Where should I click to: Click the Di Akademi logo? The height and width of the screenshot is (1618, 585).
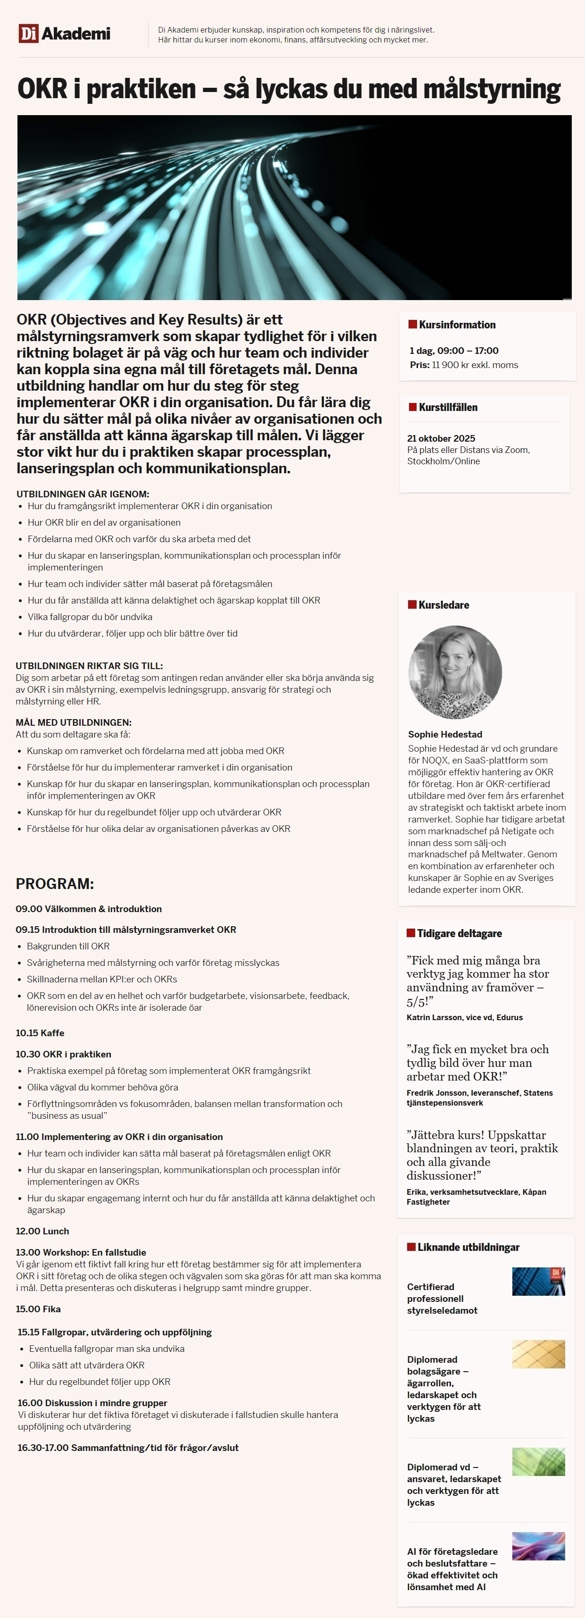pyautogui.click(x=65, y=34)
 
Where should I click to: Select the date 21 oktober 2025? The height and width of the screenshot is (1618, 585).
pyautogui.click(x=441, y=438)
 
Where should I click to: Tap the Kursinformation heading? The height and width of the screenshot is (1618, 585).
pyautogui.click(x=457, y=325)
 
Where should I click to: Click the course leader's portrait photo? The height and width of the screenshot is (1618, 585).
pyautogui.click(x=455, y=672)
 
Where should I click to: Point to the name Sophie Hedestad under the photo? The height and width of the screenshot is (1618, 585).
pyautogui.click(x=445, y=734)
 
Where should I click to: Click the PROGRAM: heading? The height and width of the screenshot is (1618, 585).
pyautogui.click(x=55, y=884)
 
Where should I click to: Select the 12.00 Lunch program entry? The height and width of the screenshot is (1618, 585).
pyautogui.click(x=42, y=1231)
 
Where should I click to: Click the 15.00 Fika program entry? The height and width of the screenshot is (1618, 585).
pyautogui.click(x=38, y=1309)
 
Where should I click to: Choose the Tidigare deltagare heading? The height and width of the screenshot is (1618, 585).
pyautogui.click(x=460, y=933)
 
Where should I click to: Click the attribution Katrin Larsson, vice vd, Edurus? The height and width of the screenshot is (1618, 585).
pyautogui.click(x=465, y=1017)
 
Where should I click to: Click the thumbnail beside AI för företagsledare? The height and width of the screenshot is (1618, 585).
pyautogui.click(x=539, y=1546)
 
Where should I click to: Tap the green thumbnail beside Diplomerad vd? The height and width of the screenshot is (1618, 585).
pyautogui.click(x=539, y=1462)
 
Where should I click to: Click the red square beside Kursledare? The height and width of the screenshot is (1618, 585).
pyautogui.click(x=412, y=605)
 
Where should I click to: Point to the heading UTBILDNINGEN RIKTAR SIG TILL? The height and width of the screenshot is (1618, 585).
pyautogui.click(x=89, y=666)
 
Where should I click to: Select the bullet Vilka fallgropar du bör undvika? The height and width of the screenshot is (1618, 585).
pyautogui.click(x=90, y=617)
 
